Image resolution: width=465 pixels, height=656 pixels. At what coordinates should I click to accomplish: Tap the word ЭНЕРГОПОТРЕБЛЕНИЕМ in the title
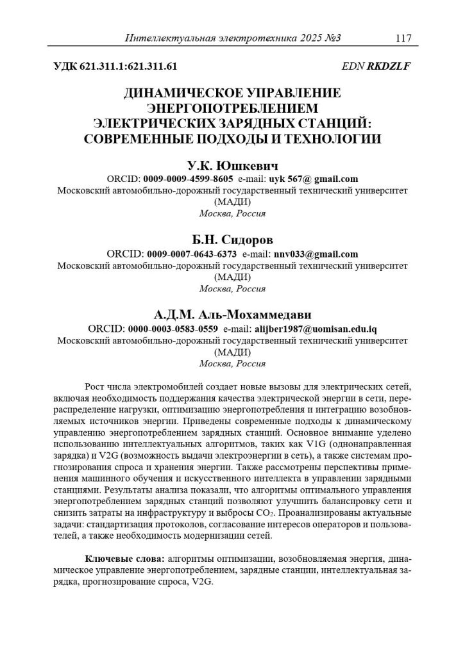coord(233,108)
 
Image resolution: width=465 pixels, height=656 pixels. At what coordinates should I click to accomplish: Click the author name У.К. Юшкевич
coord(232,165)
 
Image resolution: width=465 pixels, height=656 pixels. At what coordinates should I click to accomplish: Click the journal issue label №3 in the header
coord(330,38)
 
